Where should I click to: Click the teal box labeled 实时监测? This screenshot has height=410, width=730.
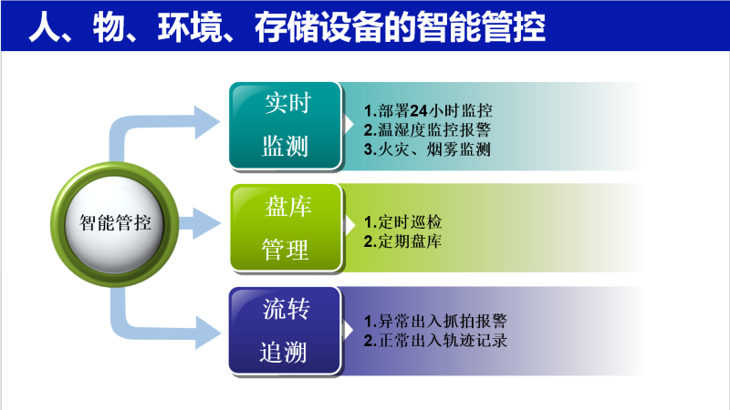click(286, 125)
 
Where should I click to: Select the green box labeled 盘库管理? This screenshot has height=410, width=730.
click(286, 227)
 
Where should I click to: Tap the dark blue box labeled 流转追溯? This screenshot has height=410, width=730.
click(286, 330)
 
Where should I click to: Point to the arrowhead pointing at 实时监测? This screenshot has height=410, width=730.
click(207, 118)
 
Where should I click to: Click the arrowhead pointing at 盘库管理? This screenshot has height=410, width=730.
click(205, 221)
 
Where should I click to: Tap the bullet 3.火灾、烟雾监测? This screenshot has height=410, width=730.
click(427, 149)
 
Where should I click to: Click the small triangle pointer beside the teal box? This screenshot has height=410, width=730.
click(351, 119)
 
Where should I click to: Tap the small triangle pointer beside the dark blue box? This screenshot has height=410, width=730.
click(351, 325)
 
